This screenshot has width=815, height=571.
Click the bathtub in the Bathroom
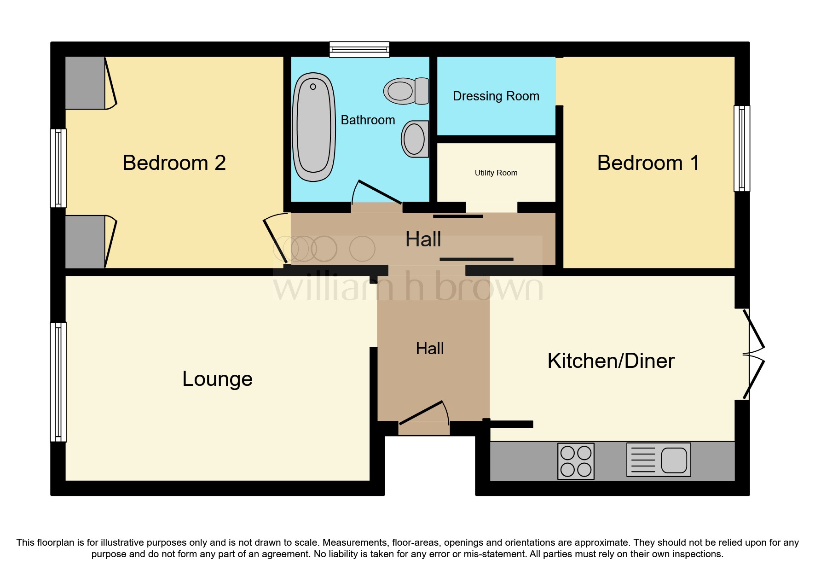click(314, 127)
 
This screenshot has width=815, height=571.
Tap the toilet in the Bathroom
click(406, 91)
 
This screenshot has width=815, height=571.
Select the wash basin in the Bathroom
click(415, 139)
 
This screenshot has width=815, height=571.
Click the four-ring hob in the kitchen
click(576, 461)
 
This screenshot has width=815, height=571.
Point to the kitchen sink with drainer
click(659, 460)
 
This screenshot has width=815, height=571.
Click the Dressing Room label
click(496, 96)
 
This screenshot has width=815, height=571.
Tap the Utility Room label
click(496, 173)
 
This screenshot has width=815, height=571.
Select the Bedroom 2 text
click(174, 163)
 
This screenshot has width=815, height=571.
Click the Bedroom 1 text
click(647, 163)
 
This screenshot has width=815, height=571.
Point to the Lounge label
click(217, 379)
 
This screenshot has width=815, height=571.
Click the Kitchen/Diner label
click(611, 361)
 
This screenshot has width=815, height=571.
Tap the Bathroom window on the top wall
click(359, 49)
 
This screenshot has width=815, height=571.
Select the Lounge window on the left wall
click(58, 382)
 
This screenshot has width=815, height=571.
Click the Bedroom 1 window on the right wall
click(741, 148)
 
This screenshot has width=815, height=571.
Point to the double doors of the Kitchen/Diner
click(753, 354)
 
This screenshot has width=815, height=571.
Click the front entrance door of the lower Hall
click(423, 414)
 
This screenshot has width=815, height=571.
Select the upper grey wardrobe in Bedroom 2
click(85, 83)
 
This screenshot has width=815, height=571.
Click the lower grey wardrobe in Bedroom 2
click(85, 242)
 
